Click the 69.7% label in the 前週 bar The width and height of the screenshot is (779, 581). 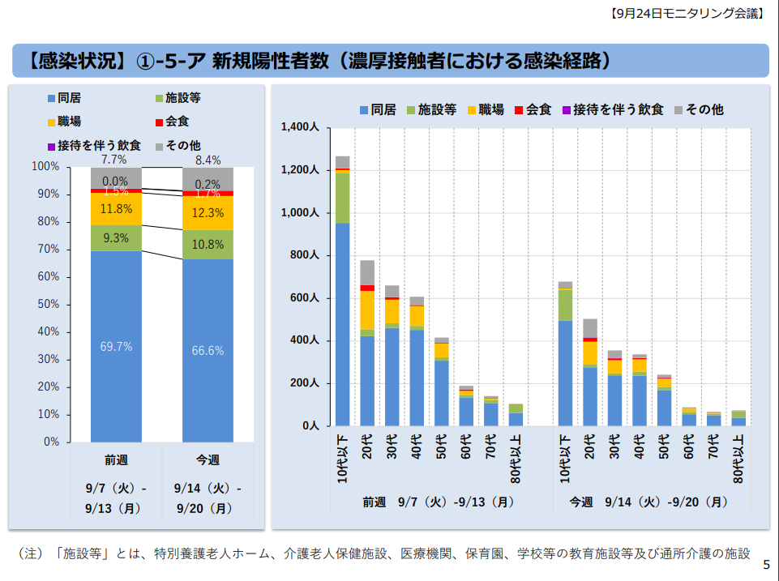[x=116, y=347]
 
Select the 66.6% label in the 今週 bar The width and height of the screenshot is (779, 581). [x=208, y=351]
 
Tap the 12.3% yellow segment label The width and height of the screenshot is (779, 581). [x=208, y=213]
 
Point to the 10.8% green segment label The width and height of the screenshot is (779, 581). [x=208, y=245]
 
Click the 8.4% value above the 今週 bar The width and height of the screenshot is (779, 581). [x=208, y=160]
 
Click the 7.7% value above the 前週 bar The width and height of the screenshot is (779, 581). [x=113, y=160]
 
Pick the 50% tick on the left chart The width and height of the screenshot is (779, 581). [x=48, y=304]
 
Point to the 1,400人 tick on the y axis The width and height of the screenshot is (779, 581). [x=300, y=127]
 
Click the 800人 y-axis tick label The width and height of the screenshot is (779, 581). [x=305, y=255]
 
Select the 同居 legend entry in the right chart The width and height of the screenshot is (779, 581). [x=378, y=109]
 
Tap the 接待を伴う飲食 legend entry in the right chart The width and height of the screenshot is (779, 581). [x=613, y=109]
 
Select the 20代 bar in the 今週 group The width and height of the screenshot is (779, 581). [x=590, y=373]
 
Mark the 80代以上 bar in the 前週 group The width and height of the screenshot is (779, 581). [x=516, y=415]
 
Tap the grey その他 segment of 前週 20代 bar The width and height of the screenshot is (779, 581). [x=367, y=272]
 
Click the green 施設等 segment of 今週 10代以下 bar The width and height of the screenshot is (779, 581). [x=565, y=305]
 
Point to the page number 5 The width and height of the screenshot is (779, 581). [x=766, y=565]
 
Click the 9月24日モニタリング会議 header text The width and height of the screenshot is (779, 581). [x=687, y=14]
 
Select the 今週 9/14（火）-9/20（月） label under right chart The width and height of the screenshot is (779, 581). [x=648, y=502]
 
